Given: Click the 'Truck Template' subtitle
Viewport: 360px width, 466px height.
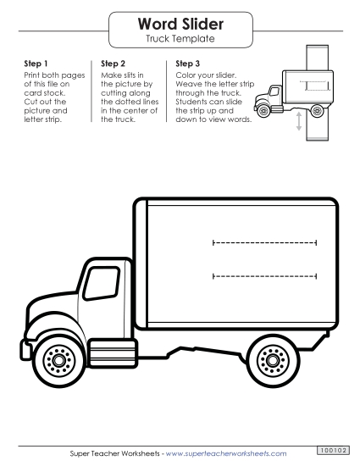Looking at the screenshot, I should point(180,39).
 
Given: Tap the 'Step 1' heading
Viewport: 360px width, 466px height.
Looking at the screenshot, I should point(36,64).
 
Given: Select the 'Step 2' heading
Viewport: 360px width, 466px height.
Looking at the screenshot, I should point(113,64).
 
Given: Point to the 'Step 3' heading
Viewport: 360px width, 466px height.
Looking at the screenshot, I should point(187,64).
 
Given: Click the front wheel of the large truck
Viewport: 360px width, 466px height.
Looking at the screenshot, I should point(58,360).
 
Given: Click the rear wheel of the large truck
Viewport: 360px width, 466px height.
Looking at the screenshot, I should point(275,360).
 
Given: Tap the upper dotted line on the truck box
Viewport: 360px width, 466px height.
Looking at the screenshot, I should point(264,242).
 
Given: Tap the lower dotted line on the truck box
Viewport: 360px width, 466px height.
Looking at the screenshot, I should point(264,275).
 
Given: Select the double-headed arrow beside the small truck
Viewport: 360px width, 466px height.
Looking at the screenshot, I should point(298,122).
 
